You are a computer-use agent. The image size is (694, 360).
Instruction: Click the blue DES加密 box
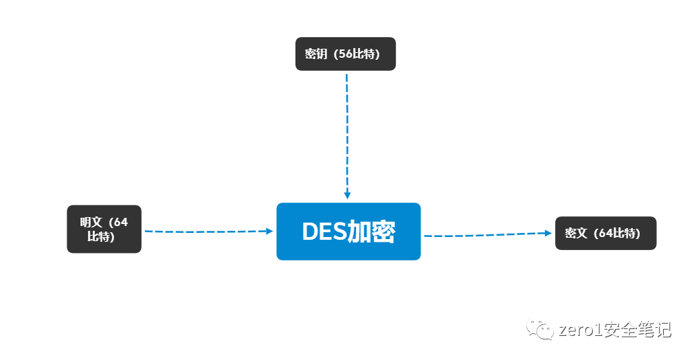pos(348,232)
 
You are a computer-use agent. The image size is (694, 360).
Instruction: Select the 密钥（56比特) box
pos(346,54)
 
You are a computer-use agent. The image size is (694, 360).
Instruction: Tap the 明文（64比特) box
pos(104,229)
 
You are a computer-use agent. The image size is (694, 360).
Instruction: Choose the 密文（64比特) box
pos(605,233)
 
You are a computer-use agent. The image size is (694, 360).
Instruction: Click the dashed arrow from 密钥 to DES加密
pos(347,131)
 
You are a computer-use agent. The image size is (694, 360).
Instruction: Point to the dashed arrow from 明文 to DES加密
pos(206,232)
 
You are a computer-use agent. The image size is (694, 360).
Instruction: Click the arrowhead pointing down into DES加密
pos(348,195)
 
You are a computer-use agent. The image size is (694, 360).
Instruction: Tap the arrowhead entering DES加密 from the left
pos(269,231)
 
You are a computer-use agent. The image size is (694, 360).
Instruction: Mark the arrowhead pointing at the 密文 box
pos(548,233)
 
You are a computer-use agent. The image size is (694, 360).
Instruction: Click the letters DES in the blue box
pos(324,232)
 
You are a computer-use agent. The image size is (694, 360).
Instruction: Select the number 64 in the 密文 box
pos(605,234)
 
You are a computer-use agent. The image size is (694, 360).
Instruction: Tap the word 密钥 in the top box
pos(316,54)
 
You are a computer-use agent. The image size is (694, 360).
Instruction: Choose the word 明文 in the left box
pos(91,222)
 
